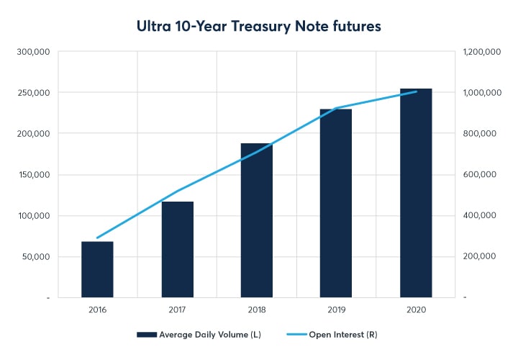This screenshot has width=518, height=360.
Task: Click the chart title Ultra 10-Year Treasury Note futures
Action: (258, 26)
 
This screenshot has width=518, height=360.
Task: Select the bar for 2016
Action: (97, 269)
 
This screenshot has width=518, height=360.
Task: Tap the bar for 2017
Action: (177, 249)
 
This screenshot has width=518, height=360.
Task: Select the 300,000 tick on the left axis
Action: (33, 52)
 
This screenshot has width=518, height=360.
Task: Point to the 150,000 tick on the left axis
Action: (33, 174)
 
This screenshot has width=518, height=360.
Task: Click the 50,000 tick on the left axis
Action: (36, 256)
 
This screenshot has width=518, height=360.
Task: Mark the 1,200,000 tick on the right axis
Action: (481, 52)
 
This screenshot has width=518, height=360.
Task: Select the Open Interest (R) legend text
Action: (342, 334)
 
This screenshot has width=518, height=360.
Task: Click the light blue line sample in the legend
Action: (293, 334)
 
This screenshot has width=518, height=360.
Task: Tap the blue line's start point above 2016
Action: (97, 238)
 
